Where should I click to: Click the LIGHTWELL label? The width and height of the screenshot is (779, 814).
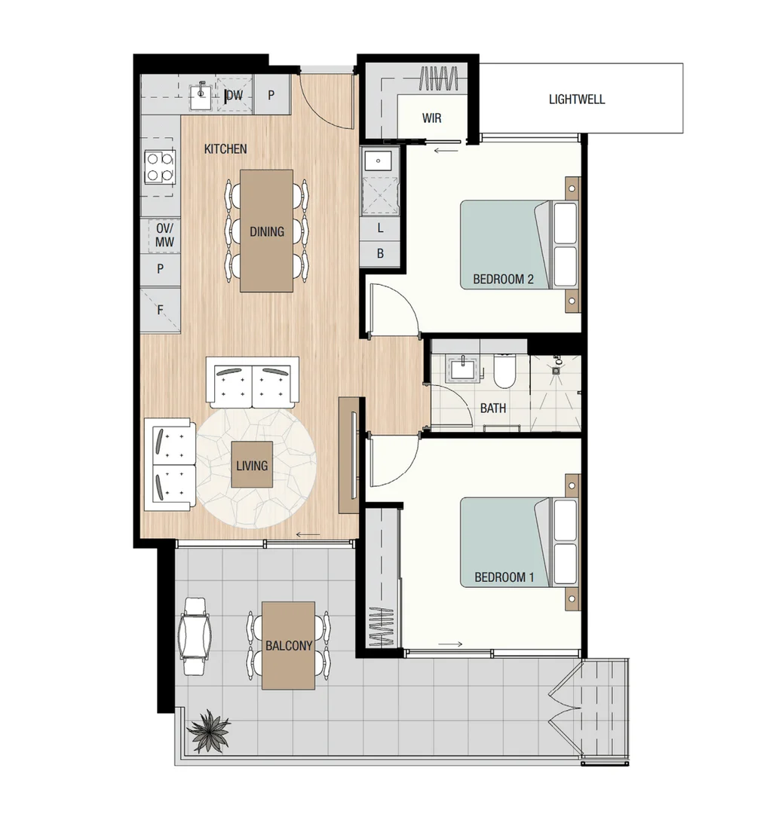click(x=576, y=99)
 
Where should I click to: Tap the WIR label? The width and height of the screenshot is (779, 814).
click(x=431, y=118)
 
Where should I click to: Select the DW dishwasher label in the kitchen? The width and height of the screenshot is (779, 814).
click(x=235, y=96)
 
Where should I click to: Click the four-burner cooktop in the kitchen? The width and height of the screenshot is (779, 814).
click(x=160, y=167)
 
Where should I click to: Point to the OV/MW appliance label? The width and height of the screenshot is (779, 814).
click(x=164, y=234)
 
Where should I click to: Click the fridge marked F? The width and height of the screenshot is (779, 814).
click(x=160, y=309)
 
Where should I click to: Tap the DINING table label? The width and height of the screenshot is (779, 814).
click(x=267, y=231)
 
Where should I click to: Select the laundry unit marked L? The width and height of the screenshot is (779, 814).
click(x=380, y=228)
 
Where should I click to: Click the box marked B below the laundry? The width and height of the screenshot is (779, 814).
click(x=380, y=254)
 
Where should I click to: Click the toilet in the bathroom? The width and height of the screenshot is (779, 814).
click(x=503, y=373)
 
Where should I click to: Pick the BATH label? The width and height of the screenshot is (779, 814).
click(x=493, y=409)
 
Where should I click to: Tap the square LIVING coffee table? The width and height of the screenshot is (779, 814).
click(x=251, y=465)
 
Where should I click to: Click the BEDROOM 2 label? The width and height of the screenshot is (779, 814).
click(x=503, y=279)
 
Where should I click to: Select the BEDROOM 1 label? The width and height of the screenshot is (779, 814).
click(x=504, y=577)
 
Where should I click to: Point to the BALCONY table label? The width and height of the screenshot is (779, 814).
click(x=288, y=646)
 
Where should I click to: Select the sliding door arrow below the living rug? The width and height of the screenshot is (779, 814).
click(x=308, y=535)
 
